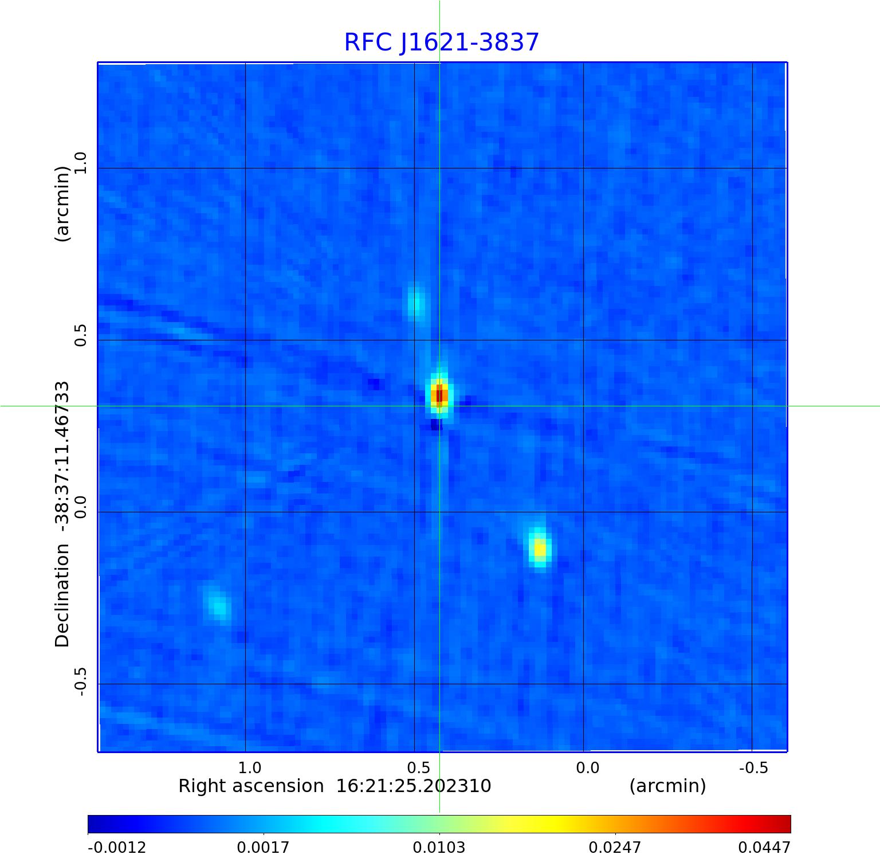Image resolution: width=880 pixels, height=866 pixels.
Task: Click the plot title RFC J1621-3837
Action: point(441,42)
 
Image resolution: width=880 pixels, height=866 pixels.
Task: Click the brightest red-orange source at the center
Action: point(439,395)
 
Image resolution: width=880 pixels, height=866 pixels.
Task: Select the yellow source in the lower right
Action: point(540,548)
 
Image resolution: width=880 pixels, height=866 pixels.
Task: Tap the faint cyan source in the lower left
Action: point(218,606)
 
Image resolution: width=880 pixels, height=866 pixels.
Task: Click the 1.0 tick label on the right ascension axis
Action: point(250,768)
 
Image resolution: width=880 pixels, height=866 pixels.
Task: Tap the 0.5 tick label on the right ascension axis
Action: point(419,768)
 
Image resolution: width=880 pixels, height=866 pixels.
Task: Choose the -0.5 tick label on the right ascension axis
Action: point(753,768)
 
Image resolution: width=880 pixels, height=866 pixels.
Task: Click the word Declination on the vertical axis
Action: point(62,596)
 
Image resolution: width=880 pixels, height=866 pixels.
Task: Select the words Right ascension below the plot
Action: point(251,786)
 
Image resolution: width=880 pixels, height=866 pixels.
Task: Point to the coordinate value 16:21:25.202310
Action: point(413,786)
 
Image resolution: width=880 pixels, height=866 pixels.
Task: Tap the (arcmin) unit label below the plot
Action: point(667,786)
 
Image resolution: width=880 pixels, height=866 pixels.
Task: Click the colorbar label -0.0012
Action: point(117,848)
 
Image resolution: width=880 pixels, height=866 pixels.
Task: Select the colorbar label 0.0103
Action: point(439,848)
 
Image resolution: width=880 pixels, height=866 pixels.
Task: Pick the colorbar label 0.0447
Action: point(764,848)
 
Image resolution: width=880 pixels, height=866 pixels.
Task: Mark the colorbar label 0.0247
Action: point(615,848)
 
